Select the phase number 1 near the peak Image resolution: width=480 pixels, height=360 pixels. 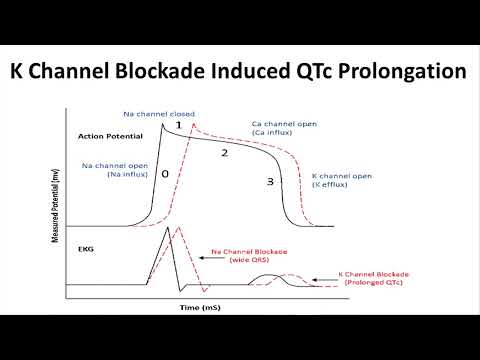pos(178,126)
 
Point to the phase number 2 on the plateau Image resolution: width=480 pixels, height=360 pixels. pos(224,153)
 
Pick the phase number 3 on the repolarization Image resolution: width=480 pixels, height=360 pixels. pos(269,181)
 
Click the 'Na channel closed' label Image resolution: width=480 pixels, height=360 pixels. pos(159,114)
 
